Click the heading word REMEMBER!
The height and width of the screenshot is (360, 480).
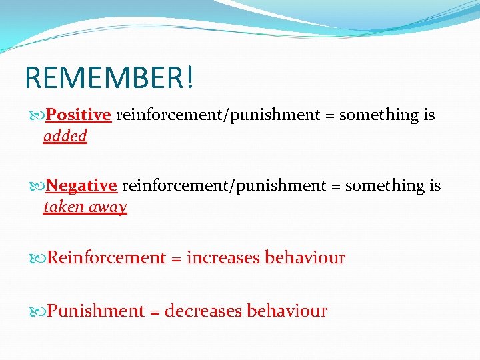click(x=110, y=77)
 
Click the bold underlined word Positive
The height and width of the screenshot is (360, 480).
click(x=78, y=115)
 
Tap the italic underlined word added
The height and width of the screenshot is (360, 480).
click(x=65, y=136)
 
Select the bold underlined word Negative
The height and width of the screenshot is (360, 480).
click(x=81, y=185)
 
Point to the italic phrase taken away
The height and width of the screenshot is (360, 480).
click(x=85, y=207)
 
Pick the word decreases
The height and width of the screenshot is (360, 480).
click(x=203, y=311)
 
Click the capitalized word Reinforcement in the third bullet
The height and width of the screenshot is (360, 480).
click(x=106, y=258)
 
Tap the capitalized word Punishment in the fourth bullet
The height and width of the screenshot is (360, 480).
click(x=96, y=311)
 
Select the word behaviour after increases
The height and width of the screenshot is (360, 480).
click(x=305, y=258)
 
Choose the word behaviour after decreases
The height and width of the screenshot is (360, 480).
click(x=287, y=311)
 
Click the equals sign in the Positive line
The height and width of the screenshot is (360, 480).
click(x=330, y=115)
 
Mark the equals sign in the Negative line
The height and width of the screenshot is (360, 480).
click(x=336, y=185)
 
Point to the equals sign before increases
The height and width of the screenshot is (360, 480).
click(x=176, y=258)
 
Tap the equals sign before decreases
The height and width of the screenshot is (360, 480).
click(x=154, y=311)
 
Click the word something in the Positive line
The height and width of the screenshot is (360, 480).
click(x=379, y=115)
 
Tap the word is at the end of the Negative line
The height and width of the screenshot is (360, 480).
click(x=435, y=185)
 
